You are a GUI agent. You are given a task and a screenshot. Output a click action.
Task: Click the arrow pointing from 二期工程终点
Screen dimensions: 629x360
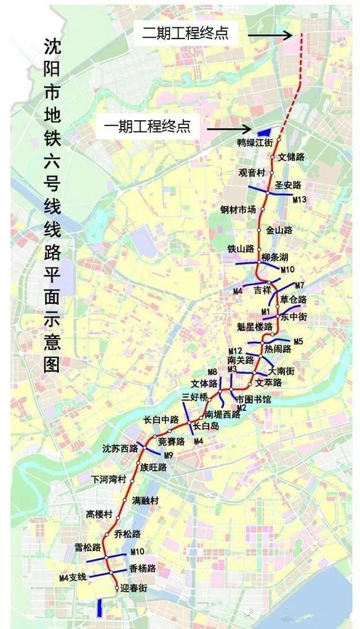click(x=270, y=35)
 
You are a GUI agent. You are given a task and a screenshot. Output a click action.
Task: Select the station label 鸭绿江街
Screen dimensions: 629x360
click(x=255, y=143)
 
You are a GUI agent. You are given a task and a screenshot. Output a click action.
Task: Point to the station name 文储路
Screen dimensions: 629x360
click(x=292, y=157)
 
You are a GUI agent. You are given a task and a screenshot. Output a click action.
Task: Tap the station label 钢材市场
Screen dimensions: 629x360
click(x=238, y=209)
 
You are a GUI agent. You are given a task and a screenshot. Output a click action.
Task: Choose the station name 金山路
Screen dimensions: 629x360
click(x=279, y=230)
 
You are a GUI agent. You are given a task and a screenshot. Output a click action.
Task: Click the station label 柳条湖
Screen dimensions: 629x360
click(x=276, y=257)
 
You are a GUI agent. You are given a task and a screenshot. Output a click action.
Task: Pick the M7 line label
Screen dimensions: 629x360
click(x=300, y=285)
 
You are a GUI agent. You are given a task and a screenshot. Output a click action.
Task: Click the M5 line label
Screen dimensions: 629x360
click(x=299, y=341)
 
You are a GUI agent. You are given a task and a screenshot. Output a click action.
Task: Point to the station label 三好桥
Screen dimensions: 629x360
click(x=194, y=396)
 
